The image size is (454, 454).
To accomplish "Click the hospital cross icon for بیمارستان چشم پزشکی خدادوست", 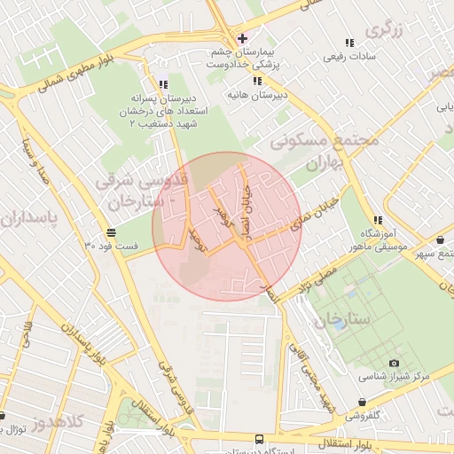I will pyautogui.click(x=242, y=38).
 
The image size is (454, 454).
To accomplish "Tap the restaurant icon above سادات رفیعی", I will pyautogui.click(x=348, y=43).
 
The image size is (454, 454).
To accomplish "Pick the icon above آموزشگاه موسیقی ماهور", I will pyautogui.click(x=379, y=221).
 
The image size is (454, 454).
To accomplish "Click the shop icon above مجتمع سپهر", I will pyautogui.click(x=441, y=240).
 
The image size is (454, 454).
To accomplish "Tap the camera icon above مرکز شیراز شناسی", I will pyautogui.click(x=394, y=363).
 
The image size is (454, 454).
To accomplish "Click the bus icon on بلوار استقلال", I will pyautogui.click(x=259, y=439).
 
